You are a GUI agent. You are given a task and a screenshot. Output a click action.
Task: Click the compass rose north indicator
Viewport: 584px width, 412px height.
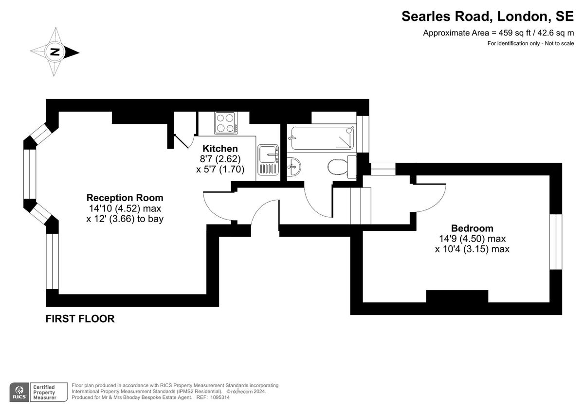point(55,52)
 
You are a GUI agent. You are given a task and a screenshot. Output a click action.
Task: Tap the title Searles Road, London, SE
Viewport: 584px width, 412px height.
point(488,17)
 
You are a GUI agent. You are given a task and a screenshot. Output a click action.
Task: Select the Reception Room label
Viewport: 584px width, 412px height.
point(125,198)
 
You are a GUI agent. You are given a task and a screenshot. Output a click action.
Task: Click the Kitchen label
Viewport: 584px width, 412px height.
point(220,149)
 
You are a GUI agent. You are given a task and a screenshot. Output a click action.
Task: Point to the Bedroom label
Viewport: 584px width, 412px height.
point(472,228)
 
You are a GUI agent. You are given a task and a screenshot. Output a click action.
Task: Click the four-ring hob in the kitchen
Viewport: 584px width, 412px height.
point(225,123)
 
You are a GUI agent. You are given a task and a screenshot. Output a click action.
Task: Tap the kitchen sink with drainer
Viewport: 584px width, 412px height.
point(268,160)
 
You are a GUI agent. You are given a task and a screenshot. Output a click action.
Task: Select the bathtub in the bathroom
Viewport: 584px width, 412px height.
point(321,137)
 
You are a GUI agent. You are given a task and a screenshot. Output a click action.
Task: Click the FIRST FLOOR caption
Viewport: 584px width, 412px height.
point(80,319)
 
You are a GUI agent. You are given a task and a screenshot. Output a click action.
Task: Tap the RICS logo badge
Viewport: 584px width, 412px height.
point(19,392)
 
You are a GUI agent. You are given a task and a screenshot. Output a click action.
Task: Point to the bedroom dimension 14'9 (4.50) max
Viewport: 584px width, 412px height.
point(472,239)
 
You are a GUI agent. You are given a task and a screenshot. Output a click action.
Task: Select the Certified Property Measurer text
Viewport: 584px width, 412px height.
point(44,392)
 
